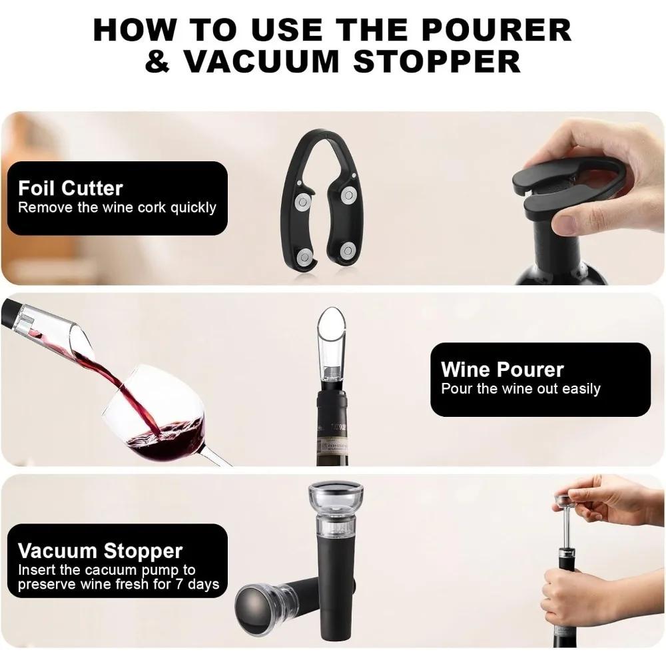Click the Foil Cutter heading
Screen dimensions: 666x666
(71, 188)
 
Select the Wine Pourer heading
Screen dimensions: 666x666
(502, 370)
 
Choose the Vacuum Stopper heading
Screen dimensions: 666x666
(100, 551)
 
